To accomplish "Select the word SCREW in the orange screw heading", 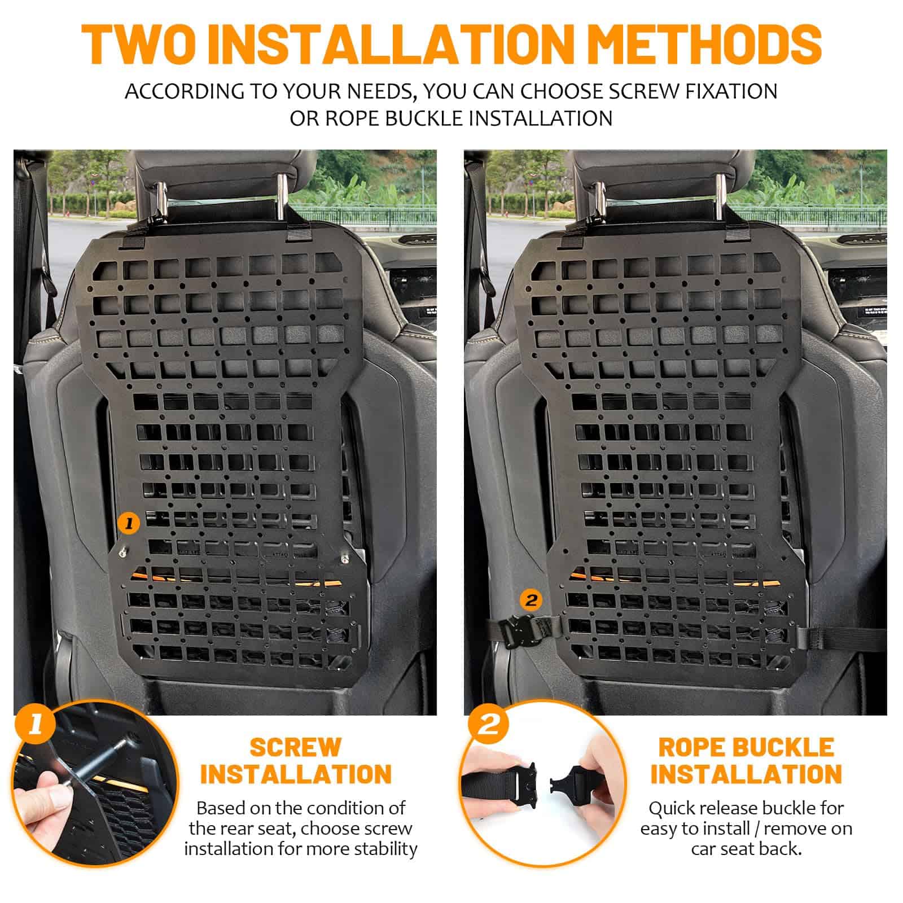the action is pyautogui.click(x=296, y=747).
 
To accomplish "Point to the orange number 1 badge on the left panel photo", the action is pyautogui.click(x=129, y=524).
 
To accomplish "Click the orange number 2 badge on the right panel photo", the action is pyautogui.click(x=531, y=599).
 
